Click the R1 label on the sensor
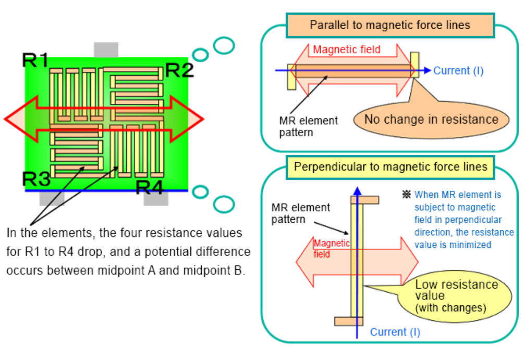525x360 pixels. click(x=35, y=61)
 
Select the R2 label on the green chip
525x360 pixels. click(x=179, y=69)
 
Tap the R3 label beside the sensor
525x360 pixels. click(x=36, y=179)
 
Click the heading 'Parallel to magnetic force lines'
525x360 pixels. click(x=389, y=25)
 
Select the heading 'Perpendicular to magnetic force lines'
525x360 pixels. click(x=390, y=167)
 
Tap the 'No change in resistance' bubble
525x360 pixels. click(x=431, y=119)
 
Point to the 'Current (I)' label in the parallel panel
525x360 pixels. click(x=458, y=70)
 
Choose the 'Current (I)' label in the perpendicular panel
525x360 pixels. click(x=395, y=332)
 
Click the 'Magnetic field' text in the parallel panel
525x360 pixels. click(x=347, y=51)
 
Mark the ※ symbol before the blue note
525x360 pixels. click(x=407, y=195)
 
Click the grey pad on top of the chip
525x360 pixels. click(x=106, y=50)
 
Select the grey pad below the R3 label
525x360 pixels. click(x=52, y=198)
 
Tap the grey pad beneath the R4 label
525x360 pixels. click(x=156, y=198)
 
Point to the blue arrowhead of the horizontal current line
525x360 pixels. click(x=428, y=70)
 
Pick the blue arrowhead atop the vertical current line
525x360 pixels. click(x=357, y=190)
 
